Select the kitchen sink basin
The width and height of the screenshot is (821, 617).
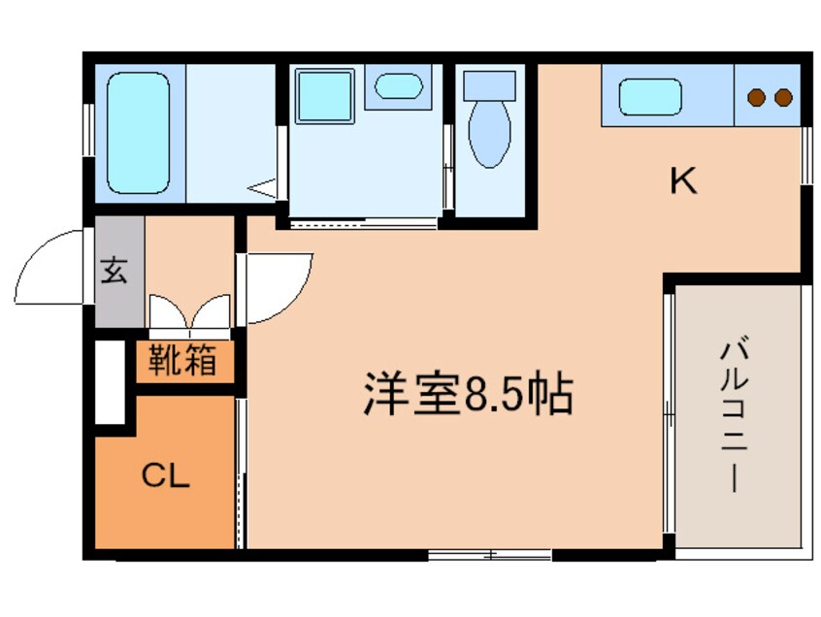tap(651, 97)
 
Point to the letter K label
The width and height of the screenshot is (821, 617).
tap(683, 180)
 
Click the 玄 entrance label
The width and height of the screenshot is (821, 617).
tap(115, 271)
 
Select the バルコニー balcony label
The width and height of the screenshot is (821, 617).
tap(735, 415)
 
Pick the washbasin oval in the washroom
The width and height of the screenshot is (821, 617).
tap(398, 86)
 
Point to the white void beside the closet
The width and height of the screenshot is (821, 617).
tap(110, 381)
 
